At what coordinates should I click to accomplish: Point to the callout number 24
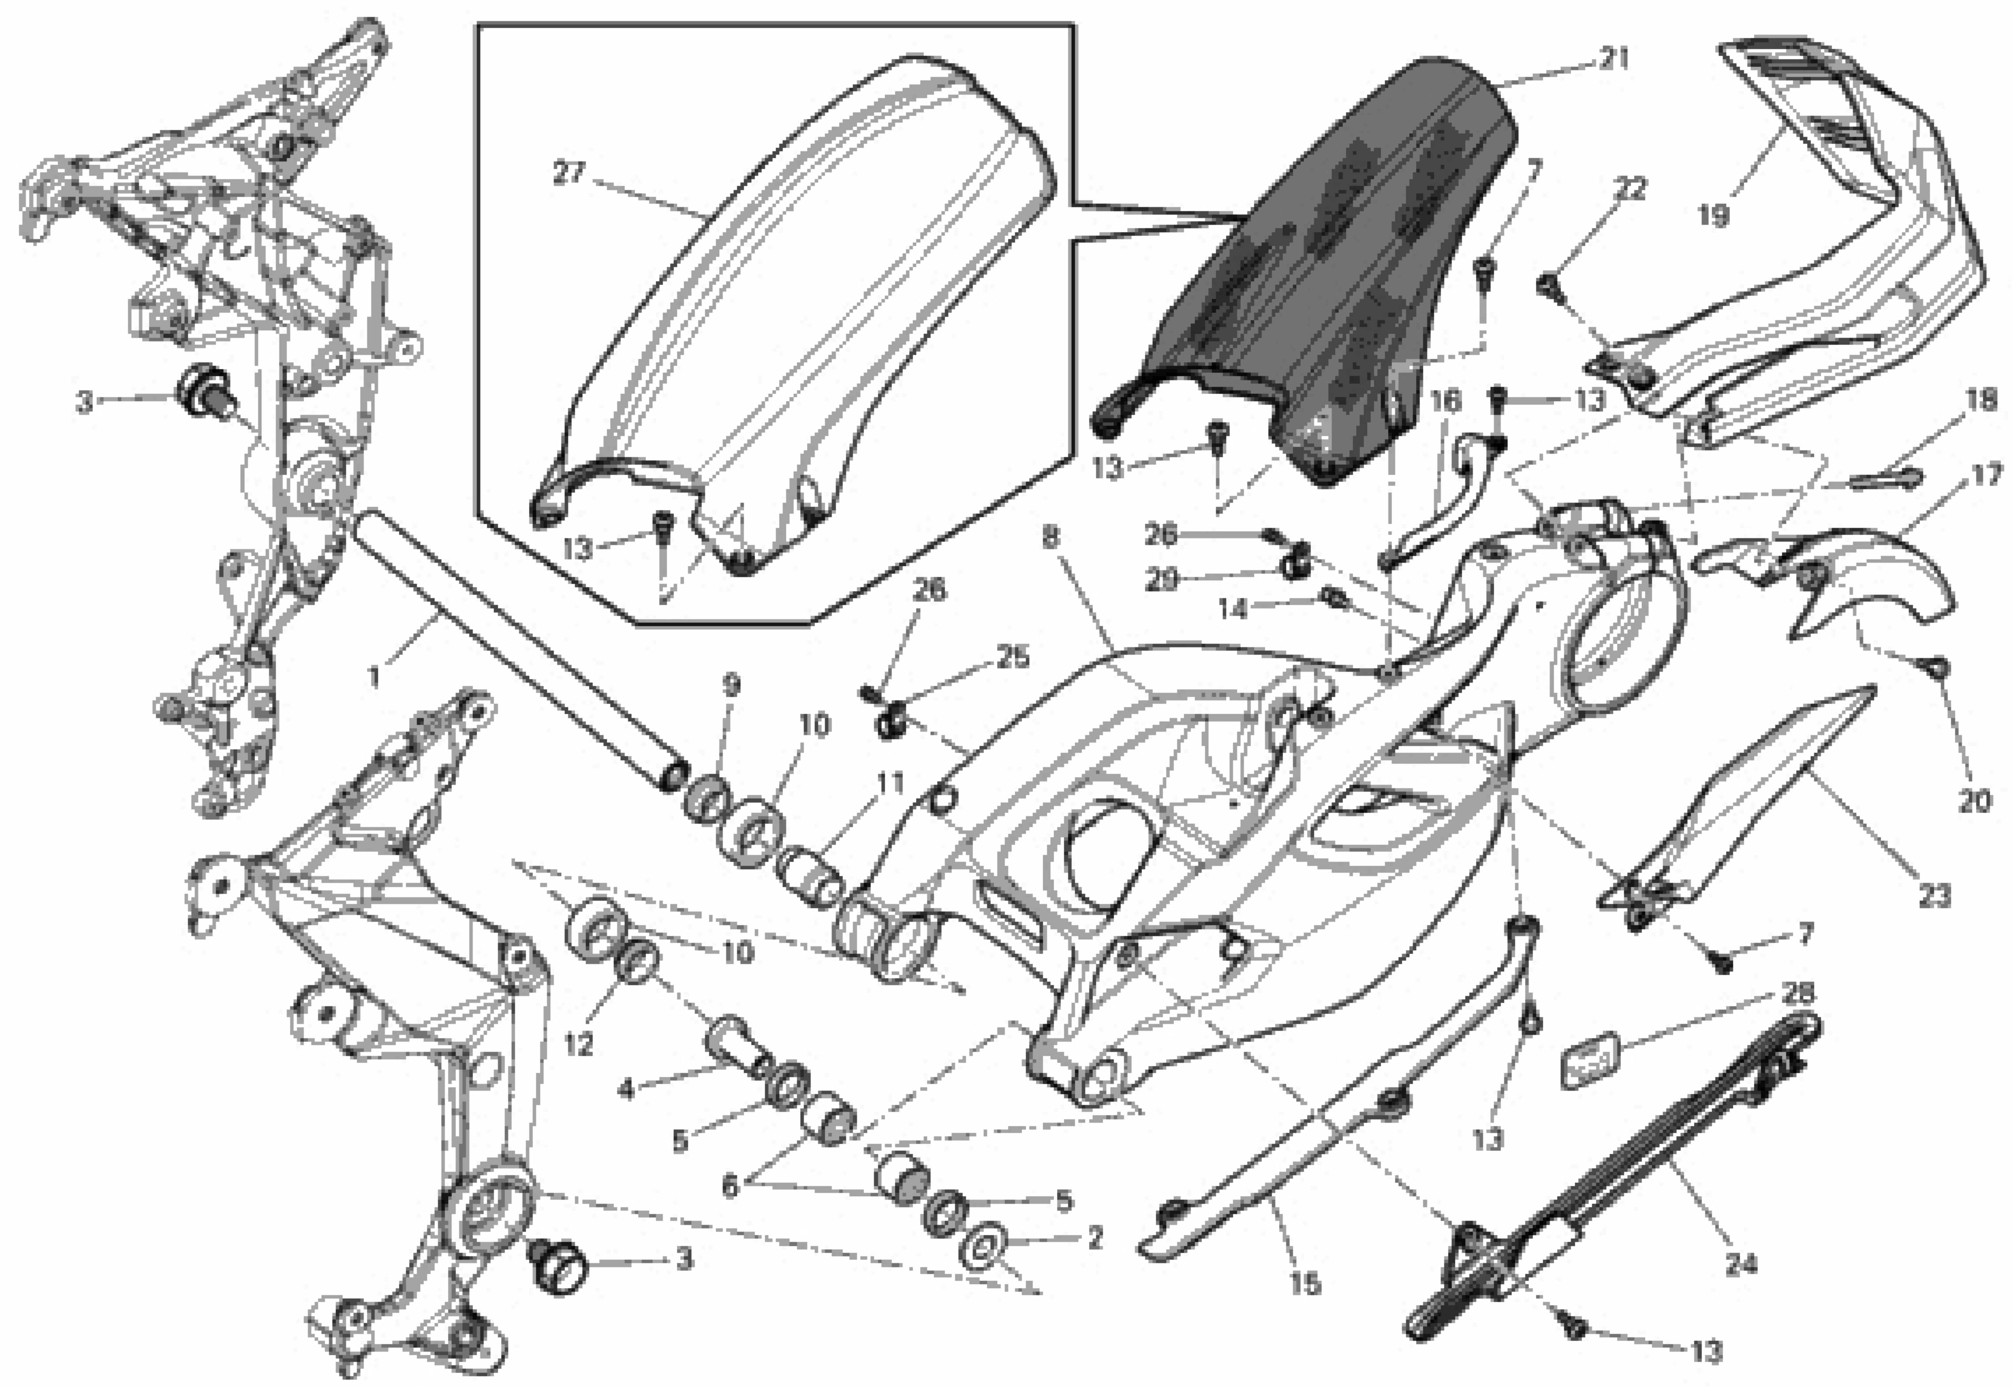coord(1740,1265)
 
